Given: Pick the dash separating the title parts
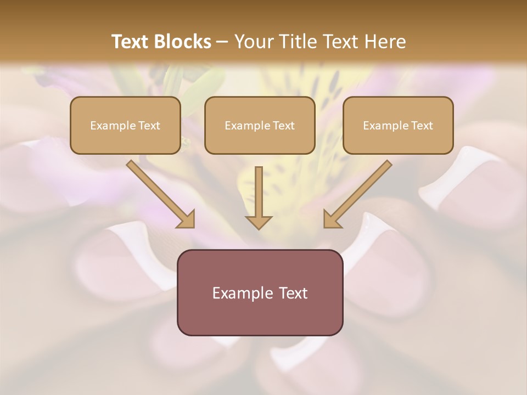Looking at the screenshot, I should click(223, 42).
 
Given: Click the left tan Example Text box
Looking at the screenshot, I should click(125, 125).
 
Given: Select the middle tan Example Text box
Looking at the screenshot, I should click(260, 125).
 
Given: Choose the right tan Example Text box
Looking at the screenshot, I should click(398, 125).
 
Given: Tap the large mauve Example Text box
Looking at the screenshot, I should click(260, 292).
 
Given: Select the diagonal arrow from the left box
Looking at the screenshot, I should click(159, 193).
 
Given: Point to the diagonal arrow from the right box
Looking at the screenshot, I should click(360, 193).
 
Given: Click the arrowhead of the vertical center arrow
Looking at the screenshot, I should click(259, 222).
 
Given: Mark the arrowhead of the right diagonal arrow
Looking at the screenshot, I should click(331, 219).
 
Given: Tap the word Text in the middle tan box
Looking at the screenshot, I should click(284, 125).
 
